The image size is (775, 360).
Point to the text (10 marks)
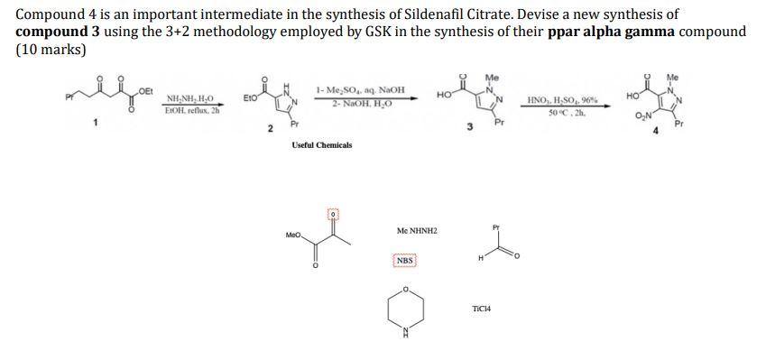click(51, 49)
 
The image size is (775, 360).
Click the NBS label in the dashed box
click(404, 261)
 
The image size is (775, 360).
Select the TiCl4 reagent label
click(481, 309)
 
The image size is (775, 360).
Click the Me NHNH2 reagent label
click(416, 232)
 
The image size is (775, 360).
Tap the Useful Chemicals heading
click(322, 144)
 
